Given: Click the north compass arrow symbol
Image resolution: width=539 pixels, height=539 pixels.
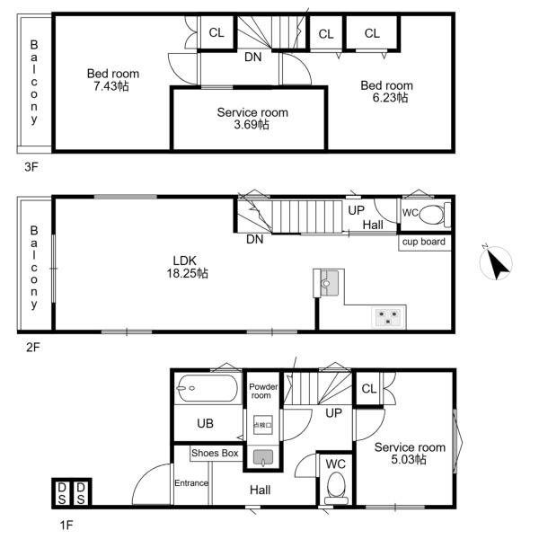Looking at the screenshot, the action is coord(496,262).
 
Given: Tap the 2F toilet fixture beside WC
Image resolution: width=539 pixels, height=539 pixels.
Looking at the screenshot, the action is coord(435,215).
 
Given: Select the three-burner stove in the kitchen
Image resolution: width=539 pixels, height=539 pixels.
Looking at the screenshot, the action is coord(388,316).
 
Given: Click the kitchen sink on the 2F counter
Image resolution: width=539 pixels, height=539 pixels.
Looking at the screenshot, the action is coord(329,283).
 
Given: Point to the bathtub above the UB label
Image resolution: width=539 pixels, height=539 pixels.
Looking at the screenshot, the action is coord(208,388).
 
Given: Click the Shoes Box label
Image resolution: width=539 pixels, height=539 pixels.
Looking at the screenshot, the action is coord(215,453).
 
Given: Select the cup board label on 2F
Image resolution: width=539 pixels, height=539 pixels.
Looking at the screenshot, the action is coord(424,242).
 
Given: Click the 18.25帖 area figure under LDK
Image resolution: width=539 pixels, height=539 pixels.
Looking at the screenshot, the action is coord(188,273).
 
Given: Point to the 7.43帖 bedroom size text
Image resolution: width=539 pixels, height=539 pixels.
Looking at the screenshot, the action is coord(111,86).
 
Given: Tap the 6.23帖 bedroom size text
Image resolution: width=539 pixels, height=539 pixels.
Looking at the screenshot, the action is coord(390,98).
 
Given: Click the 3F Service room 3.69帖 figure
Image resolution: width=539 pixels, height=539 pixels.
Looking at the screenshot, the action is coord(252,125).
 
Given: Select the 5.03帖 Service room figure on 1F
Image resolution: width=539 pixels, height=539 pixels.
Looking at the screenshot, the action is coord(409,459).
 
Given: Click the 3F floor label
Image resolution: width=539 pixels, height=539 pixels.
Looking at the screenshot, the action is coord(31,167).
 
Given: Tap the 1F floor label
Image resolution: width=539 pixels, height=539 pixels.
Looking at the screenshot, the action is coord(66,526).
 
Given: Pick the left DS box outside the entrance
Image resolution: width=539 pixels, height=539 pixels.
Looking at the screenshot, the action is coord(62,493).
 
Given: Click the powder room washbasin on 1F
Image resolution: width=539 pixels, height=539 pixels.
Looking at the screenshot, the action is coord(263,457).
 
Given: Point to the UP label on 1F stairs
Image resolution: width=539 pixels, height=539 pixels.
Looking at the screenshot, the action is coord(333,413).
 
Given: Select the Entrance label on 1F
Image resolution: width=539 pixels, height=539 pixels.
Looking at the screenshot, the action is coord(191,483).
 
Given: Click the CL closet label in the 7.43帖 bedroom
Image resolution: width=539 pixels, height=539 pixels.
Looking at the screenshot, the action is coord(216,32).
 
